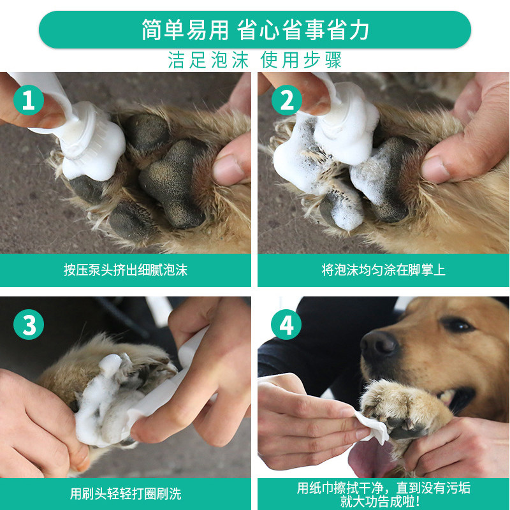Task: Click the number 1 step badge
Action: click(29, 100)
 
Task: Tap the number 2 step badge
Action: click(286, 100)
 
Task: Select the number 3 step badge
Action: click(29, 324)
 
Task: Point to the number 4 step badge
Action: click(286, 324)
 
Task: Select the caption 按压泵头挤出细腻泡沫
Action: click(126, 270)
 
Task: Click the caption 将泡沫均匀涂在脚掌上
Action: click(384, 270)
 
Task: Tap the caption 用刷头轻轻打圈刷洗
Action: click(126, 493)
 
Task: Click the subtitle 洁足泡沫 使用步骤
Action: click(254, 60)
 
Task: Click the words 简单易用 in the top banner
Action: click(185, 30)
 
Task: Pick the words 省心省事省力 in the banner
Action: click(303, 30)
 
